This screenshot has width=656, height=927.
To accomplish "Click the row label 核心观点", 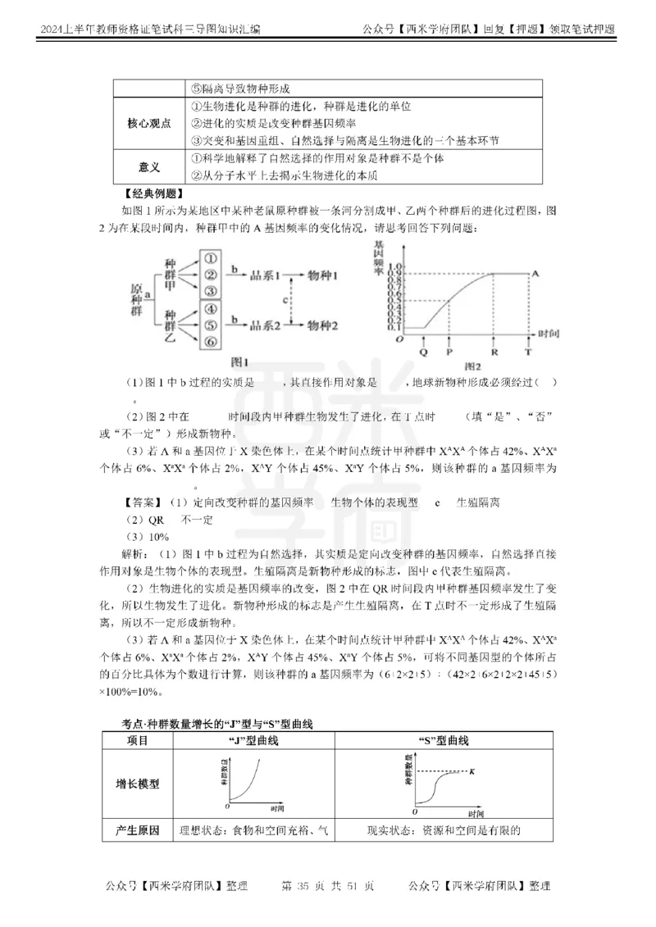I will click(x=149, y=123).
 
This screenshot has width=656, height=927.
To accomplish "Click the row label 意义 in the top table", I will click(x=149, y=166).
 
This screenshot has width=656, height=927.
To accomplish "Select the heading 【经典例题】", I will click(x=153, y=194).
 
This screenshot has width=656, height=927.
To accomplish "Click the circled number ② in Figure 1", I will click(x=211, y=274).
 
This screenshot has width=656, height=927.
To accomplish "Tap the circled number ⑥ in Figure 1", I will click(x=211, y=341).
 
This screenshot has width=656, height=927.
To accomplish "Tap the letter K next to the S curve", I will click(x=471, y=771).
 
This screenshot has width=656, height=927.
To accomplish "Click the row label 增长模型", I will click(x=137, y=784).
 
